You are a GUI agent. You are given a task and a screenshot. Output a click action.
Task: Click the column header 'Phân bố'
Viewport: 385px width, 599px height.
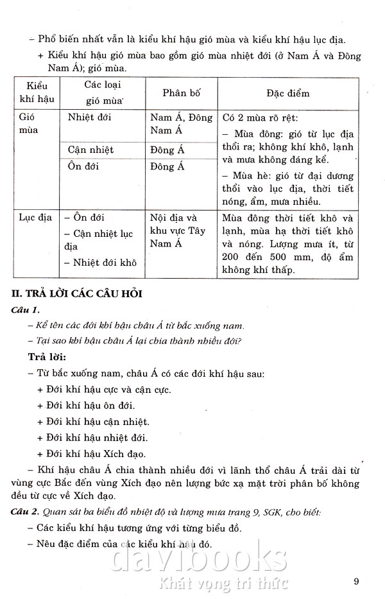point(180,93)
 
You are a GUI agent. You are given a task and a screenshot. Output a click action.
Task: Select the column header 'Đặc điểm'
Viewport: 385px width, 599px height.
point(287,93)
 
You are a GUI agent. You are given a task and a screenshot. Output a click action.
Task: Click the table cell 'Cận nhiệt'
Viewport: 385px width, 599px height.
point(90,150)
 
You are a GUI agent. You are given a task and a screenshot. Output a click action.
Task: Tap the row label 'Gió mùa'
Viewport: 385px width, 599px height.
point(30,124)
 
